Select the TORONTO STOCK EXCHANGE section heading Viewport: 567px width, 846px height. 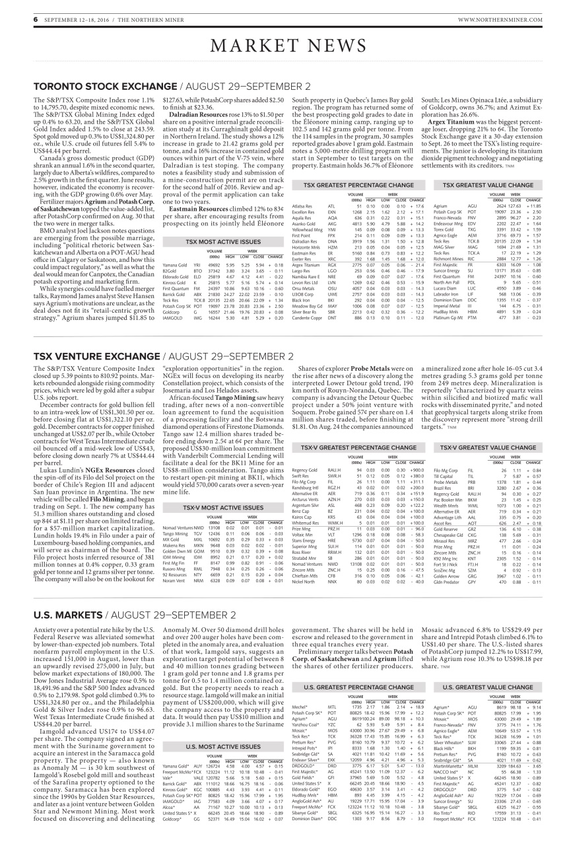[x=97, y=87]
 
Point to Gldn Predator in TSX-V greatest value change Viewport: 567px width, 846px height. [x=445, y=545]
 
